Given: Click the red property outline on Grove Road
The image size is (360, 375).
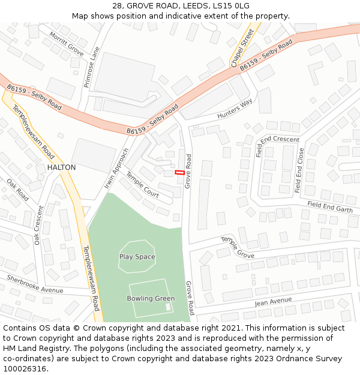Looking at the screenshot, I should point(179,173).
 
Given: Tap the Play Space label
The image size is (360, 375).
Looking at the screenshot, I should point(137,257).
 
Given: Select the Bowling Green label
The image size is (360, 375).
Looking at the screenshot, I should point(151,298).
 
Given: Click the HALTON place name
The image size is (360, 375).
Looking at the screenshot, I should point(61,167).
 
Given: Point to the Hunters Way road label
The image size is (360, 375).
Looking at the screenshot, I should point(235,109).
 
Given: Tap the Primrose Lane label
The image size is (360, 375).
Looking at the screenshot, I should point(91,68).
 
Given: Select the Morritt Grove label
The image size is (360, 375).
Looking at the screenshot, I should point(66,44).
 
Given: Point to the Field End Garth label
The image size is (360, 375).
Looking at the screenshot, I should point(330,206).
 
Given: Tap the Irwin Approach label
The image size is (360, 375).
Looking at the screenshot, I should point(116,169).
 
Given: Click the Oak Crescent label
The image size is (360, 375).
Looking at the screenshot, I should point(39,225).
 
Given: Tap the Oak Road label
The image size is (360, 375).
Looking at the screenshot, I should point(17,189).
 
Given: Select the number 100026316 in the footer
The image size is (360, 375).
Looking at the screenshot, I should point(25,369).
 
